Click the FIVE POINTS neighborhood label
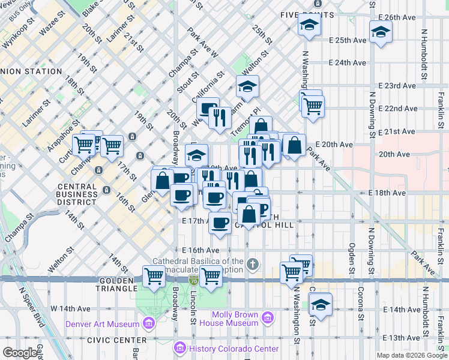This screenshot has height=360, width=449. coord(307,14)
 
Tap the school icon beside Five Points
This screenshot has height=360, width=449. coord(310,25)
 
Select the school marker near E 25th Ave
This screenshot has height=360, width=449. coord(381,32)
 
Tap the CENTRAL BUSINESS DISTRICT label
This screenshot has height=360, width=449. coord(76,194)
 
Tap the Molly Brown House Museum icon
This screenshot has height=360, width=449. coord(268,316)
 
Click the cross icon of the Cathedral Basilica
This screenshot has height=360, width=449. coord(253,263)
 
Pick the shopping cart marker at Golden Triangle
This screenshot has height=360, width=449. coord(154,276)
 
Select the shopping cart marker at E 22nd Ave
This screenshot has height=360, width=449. coord(312,106)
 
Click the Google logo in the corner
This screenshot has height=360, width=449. coord(20,353)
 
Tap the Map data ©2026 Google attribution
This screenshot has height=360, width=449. coord(411,355)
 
